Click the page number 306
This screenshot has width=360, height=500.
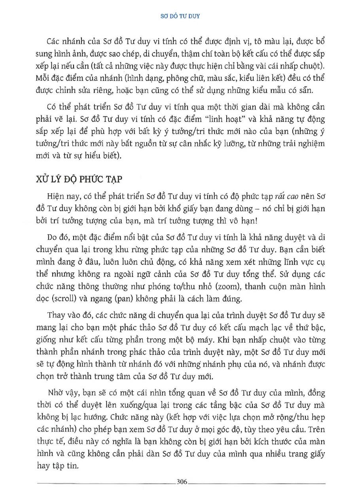pyautogui.click(x=182, y=481)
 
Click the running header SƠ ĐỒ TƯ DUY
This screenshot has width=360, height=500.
pyautogui.click(x=180, y=17)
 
